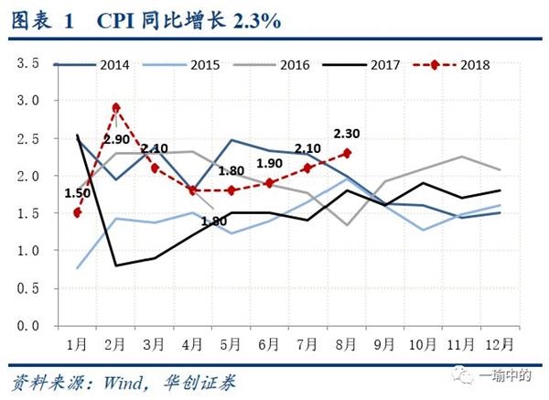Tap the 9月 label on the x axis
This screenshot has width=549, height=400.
click(x=384, y=345)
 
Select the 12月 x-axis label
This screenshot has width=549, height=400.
click(x=499, y=345)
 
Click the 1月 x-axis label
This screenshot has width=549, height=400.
click(x=78, y=345)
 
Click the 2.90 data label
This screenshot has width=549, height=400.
click(x=116, y=140)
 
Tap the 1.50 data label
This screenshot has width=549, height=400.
click(x=78, y=192)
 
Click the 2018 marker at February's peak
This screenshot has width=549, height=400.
click(x=116, y=108)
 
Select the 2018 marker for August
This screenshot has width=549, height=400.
click(x=346, y=153)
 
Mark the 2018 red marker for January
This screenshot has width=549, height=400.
click(x=78, y=212)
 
